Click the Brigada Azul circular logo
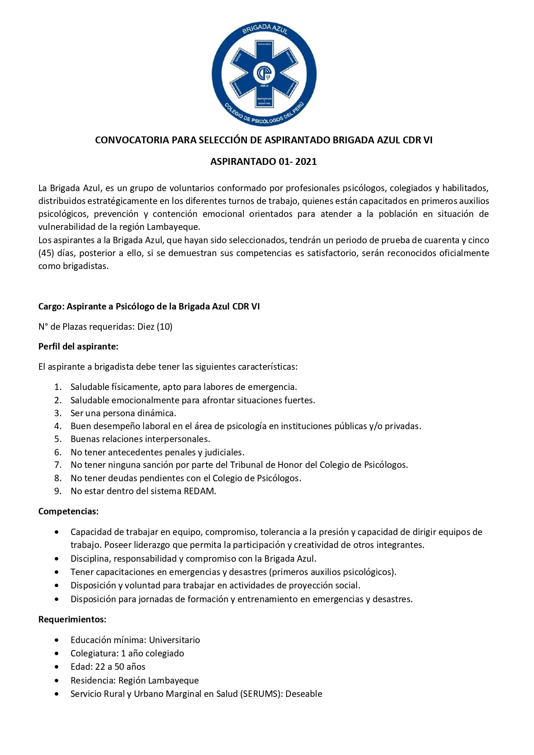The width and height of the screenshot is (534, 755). point(264,74)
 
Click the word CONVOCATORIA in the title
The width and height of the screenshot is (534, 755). point(132,140)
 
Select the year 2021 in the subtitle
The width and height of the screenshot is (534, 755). point(306,162)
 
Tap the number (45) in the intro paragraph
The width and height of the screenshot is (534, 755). point(46,253)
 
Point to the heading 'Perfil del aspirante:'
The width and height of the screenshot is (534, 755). point(78,347)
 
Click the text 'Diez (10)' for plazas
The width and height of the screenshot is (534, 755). point(155,327)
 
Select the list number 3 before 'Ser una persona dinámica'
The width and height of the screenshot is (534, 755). point(58,413)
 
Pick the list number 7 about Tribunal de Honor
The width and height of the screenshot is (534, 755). point(58,465)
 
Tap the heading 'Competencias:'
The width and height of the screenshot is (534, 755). point(68,511)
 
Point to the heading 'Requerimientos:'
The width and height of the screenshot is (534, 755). point(72,619)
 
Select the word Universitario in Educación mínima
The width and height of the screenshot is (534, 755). point(174,640)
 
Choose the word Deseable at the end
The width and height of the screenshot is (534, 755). point(304,694)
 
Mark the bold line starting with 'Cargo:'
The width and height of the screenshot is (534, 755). point(149,306)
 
